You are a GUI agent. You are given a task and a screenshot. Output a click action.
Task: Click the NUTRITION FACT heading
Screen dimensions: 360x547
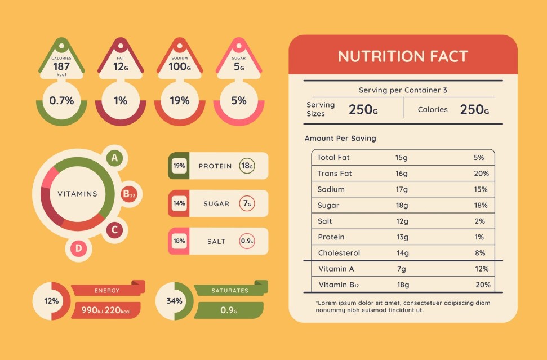[x=403, y=56]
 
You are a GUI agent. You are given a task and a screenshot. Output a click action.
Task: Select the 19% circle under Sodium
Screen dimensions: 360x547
[x=180, y=101]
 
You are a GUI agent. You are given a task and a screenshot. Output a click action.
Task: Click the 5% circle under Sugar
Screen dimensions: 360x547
[x=239, y=101]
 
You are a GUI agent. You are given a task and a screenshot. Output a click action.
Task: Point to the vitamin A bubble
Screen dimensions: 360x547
[x=114, y=158]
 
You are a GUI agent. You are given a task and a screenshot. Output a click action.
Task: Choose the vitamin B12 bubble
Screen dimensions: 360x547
[x=129, y=195]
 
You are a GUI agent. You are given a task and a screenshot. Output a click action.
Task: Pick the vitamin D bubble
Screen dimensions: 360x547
[x=79, y=248]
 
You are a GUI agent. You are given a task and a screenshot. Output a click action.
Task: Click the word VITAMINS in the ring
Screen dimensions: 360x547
[x=78, y=194]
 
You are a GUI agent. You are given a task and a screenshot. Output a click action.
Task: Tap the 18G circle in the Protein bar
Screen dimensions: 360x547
[x=247, y=166]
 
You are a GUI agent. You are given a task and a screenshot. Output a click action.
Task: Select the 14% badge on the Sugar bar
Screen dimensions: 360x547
[x=179, y=203]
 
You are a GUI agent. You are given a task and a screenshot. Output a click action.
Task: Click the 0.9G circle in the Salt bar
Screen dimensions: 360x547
[x=247, y=241]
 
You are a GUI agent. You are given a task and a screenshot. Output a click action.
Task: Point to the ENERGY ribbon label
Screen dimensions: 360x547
[x=107, y=291]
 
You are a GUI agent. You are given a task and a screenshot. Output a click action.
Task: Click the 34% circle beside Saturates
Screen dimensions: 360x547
[x=174, y=301]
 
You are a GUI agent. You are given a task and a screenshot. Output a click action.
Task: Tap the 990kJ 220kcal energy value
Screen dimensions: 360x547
[x=106, y=310]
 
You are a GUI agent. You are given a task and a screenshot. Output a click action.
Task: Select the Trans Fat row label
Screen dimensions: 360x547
[x=335, y=174]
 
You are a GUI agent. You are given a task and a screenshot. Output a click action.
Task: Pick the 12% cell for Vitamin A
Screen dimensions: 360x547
[x=482, y=269]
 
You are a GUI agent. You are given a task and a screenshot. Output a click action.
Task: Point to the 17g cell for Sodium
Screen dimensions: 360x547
[x=402, y=189]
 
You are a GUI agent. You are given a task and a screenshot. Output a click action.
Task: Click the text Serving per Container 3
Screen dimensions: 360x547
[x=403, y=90]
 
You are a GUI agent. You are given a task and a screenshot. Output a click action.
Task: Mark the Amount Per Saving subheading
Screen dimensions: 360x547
[x=340, y=138]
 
